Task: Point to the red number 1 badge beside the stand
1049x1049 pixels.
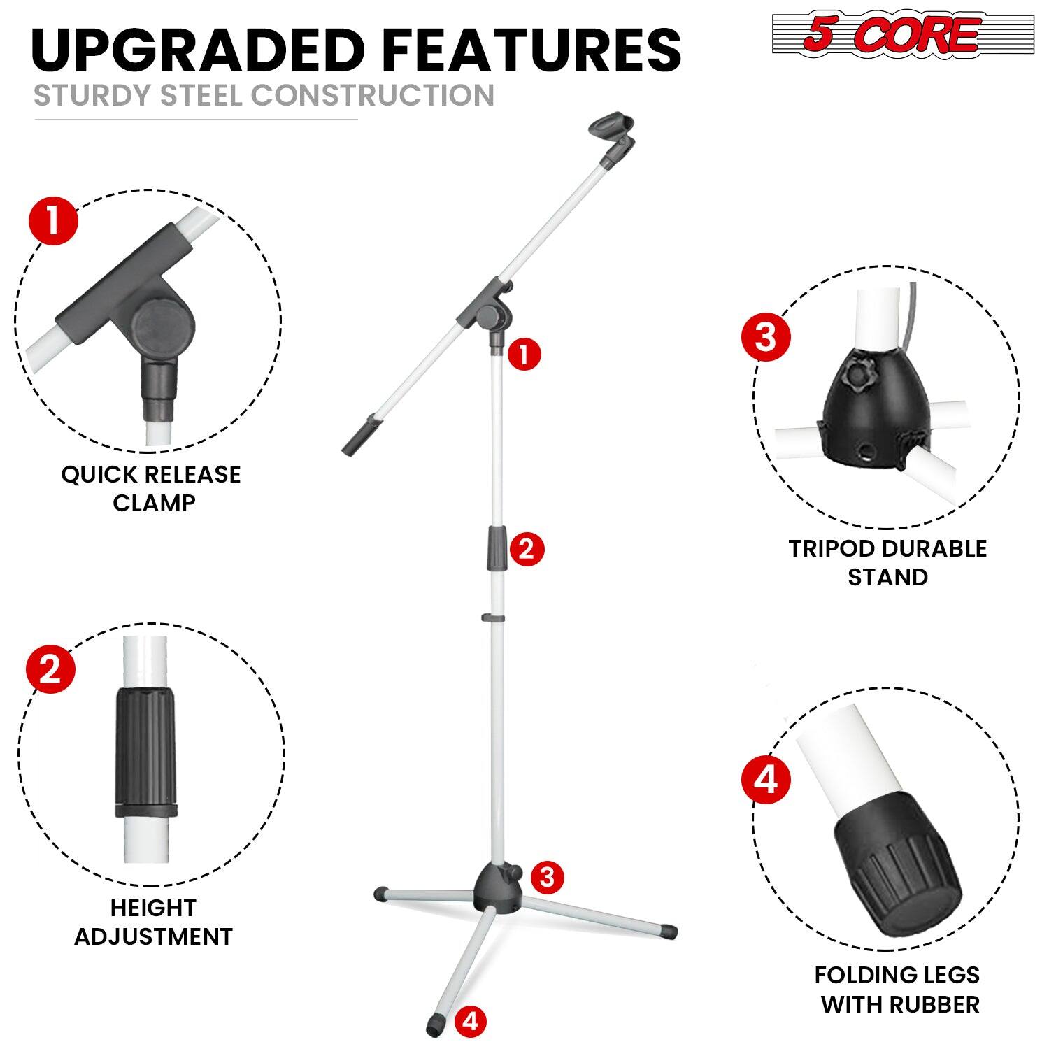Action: coord(524,355)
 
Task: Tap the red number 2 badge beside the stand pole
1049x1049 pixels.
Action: coord(526,549)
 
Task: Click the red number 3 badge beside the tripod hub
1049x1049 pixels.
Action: coord(547,876)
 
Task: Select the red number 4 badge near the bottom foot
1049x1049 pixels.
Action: coord(471,1022)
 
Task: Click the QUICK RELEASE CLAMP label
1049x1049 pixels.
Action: coord(151,488)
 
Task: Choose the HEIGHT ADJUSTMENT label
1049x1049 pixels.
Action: coord(153,922)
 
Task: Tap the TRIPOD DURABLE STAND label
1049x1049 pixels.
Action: coord(887,562)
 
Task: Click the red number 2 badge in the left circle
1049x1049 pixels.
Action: coord(50,671)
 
